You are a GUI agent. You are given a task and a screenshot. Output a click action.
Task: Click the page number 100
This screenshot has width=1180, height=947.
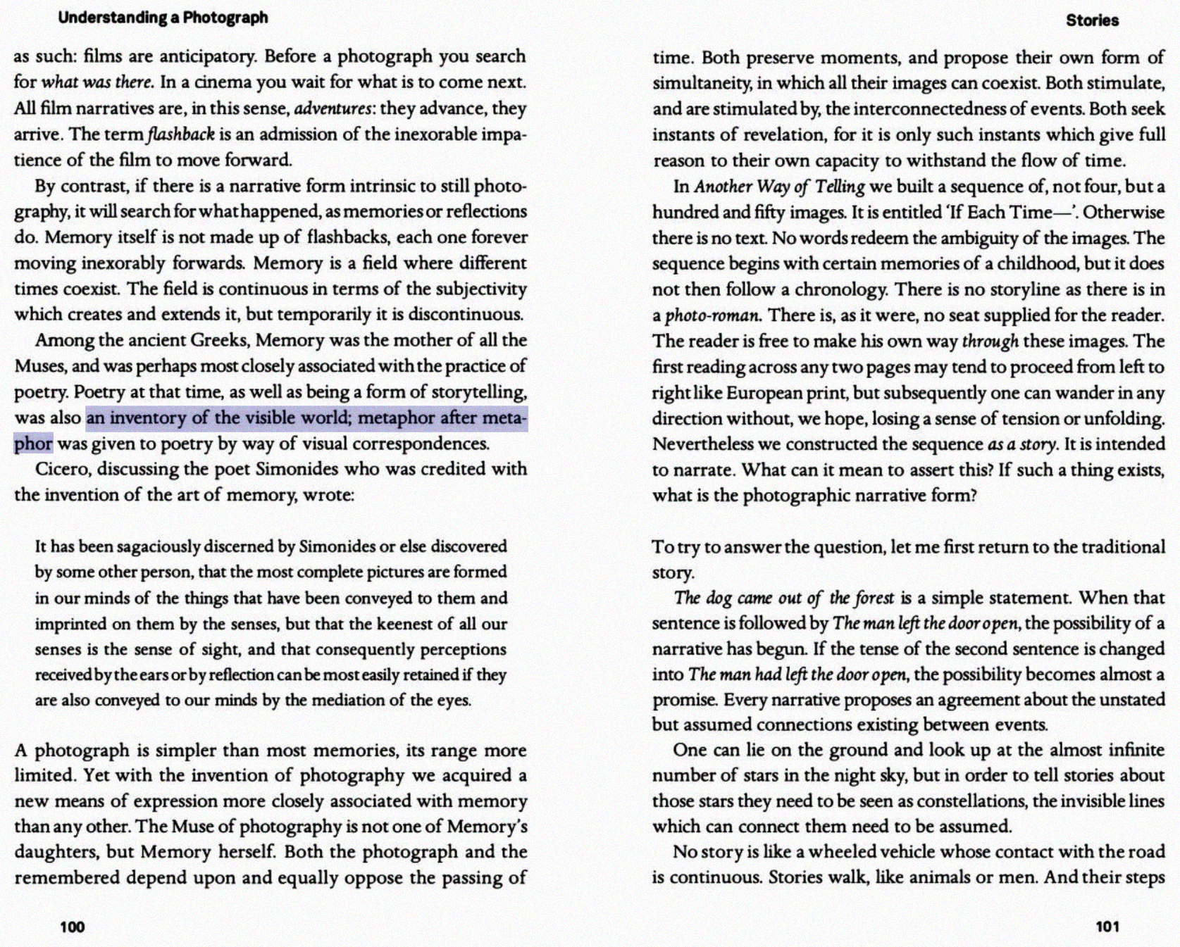tap(72, 927)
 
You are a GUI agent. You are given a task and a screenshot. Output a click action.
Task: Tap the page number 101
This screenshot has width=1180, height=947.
tap(1107, 927)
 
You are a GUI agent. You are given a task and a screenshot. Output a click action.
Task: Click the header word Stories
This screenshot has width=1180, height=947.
tap(1092, 20)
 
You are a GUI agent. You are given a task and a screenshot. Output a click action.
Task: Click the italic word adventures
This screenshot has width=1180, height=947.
tap(333, 108)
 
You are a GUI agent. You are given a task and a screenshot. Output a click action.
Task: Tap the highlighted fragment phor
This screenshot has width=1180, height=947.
tap(33, 444)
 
